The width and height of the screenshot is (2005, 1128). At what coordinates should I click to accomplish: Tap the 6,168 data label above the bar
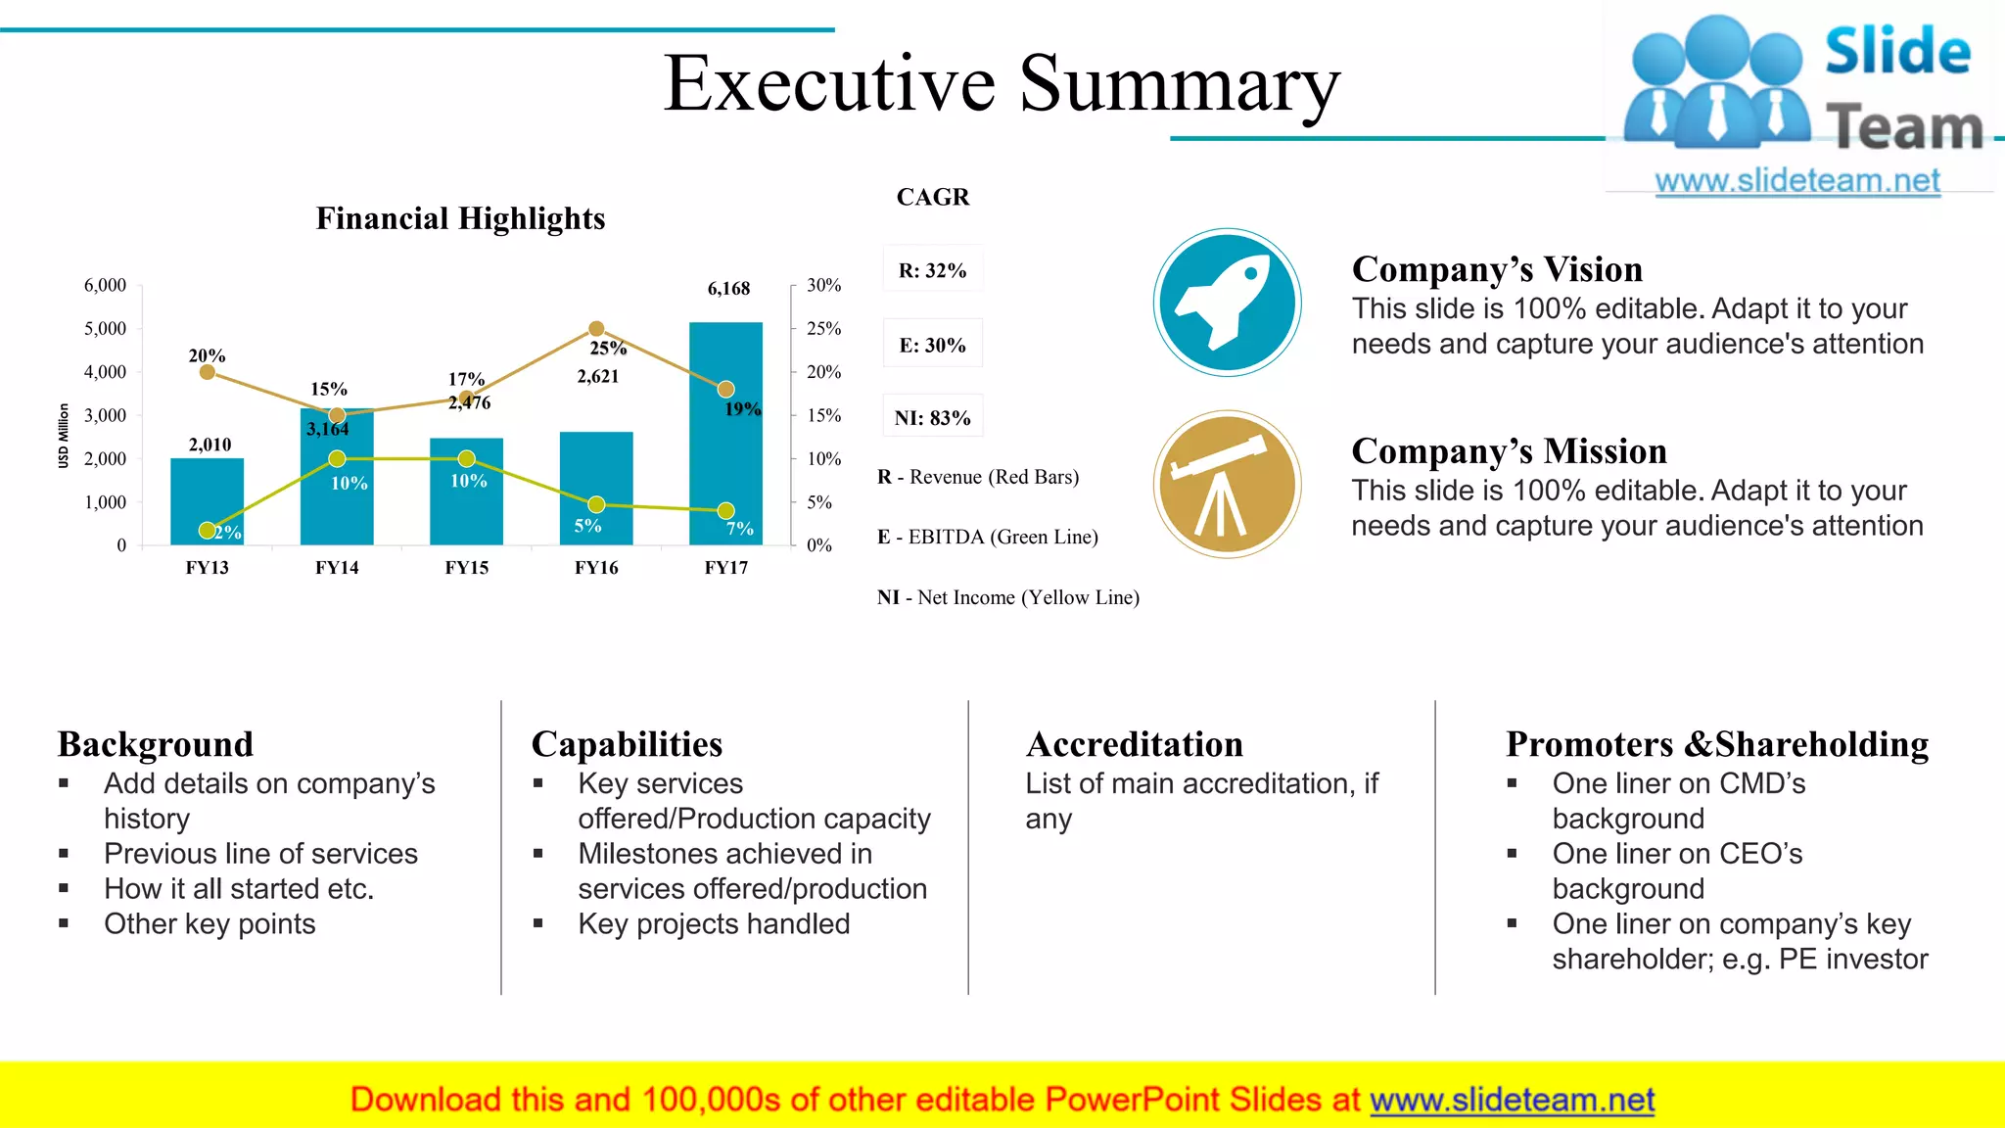pyautogui.click(x=728, y=289)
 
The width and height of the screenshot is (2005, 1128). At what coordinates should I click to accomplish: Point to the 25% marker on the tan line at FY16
pyautogui.click(x=596, y=329)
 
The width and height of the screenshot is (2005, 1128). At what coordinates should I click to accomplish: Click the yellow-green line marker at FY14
pyautogui.click(x=337, y=458)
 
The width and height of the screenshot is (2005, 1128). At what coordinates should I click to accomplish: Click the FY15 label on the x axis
pyautogui.click(x=466, y=568)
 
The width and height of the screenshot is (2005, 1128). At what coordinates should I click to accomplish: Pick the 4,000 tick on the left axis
pyautogui.click(x=105, y=372)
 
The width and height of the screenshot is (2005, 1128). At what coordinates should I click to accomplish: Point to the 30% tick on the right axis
pyautogui.click(x=823, y=285)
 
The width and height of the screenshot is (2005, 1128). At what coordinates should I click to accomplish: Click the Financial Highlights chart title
pyautogui.click(x=460, y=218)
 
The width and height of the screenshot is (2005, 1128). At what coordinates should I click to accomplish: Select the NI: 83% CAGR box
pyautogui.click(x=932, y=418)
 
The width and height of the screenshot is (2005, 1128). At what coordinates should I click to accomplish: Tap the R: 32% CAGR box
pyautogui.click(x=932, y=270)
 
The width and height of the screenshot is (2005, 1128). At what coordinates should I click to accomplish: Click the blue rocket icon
pyautogui.click(x=1227, y=303)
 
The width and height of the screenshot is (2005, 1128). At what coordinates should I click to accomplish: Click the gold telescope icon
pyautogui.click(x=1227, y=485)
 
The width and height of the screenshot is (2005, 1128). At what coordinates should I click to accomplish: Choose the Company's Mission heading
pyautogui.click(x=1509, y=451)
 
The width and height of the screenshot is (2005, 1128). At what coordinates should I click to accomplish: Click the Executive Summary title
pyautogui.click(x=1002, y=83)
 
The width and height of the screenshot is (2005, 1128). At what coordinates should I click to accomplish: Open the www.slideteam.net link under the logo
pyautogui.click(x=1797, y=181)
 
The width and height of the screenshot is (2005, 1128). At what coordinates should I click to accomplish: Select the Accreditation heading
pyautogui.click(x=1134, y=744)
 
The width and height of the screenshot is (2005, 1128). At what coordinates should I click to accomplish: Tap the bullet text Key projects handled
pyautogui.click(x=714, y=924)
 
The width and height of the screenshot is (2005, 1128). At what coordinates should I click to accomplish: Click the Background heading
pyautogui.click(x=155, y=744)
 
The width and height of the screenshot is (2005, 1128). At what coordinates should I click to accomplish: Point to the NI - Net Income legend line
pyautogui.click(x=1008, y=597)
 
